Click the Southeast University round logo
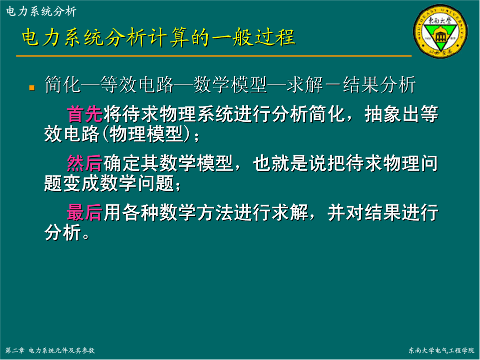(441, 32)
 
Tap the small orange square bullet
(32, 88)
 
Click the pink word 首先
(85, 114)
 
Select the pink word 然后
(85, 163)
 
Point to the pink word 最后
(85, 213)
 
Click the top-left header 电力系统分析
(41, 11)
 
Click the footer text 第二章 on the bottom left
(14, 351)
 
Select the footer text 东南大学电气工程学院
(441, 351)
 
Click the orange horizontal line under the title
(214, 56)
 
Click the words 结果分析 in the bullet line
(380, 85)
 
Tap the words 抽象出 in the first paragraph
(392, 114)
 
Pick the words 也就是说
(290, 163)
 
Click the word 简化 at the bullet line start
(63, 85)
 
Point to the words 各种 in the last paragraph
(140, 213)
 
